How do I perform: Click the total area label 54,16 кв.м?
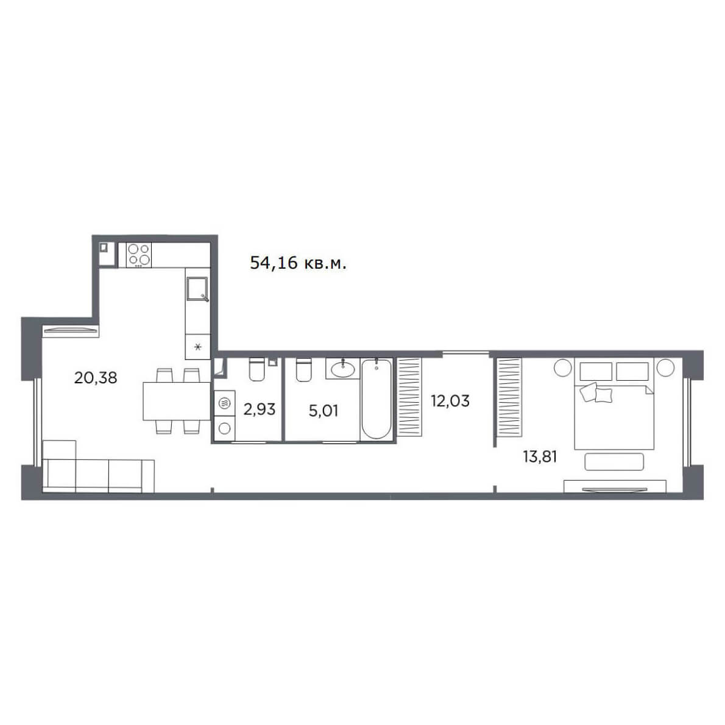(x=298, y=263)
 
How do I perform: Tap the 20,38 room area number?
(x=96, y=378)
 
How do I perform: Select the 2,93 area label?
(x=260, y=409)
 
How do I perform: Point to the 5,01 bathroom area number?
(x=323, y=410)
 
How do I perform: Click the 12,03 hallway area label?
(x=450, y=400)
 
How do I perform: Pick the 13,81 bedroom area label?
(x=540, y=457)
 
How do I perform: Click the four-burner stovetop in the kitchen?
(x=139, y=255)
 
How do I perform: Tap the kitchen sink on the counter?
(x=198, y=289)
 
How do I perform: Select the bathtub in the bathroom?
(x=376, y=398)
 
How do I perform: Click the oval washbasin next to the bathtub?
(x=343, y=369)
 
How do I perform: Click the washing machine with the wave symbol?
(x=225, y=403)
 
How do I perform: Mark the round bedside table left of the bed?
(x=563, y=368)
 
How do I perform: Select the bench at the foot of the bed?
(x=614, y=461)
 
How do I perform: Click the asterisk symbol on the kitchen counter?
(x=198, y=347)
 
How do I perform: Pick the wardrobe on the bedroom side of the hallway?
(x=509, y=397)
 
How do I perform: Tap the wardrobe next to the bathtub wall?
(x=409, y=397)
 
